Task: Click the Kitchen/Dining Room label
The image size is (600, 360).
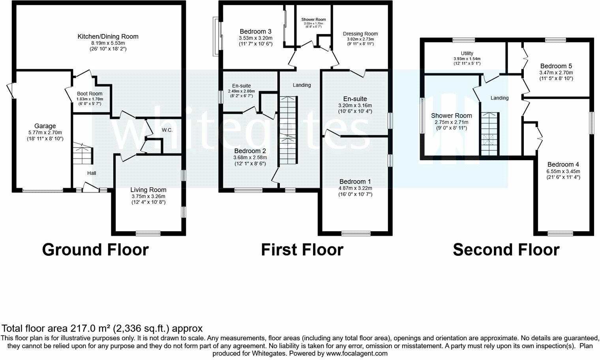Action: [x=108, y=37]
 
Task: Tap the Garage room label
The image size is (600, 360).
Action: [x=45, y=126]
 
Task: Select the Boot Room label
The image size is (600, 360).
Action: [x=89, y=94]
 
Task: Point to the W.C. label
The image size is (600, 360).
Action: [x=167, y=130]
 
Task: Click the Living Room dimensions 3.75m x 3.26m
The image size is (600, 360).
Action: [x=148, y=196]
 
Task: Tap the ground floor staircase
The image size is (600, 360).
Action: [x=82, y=154]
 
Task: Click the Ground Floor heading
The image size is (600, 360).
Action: [x=95, y=250]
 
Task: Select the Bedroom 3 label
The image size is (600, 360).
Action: [x=255, y=32]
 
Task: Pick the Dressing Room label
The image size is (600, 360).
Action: [x=360, y=34]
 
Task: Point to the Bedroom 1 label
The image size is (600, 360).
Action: [x=355, y=182]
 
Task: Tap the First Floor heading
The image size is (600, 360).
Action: [x=302, y=250]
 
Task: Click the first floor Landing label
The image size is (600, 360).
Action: [x=302, y=85]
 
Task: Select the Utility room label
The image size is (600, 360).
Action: [x=467, y=53]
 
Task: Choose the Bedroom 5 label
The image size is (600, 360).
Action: [x=556, y=66]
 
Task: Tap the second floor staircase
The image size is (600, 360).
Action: [x=489, y=134]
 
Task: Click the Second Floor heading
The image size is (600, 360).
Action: [x=506, y=250]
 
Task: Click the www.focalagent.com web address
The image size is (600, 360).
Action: [x=357, y=354]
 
